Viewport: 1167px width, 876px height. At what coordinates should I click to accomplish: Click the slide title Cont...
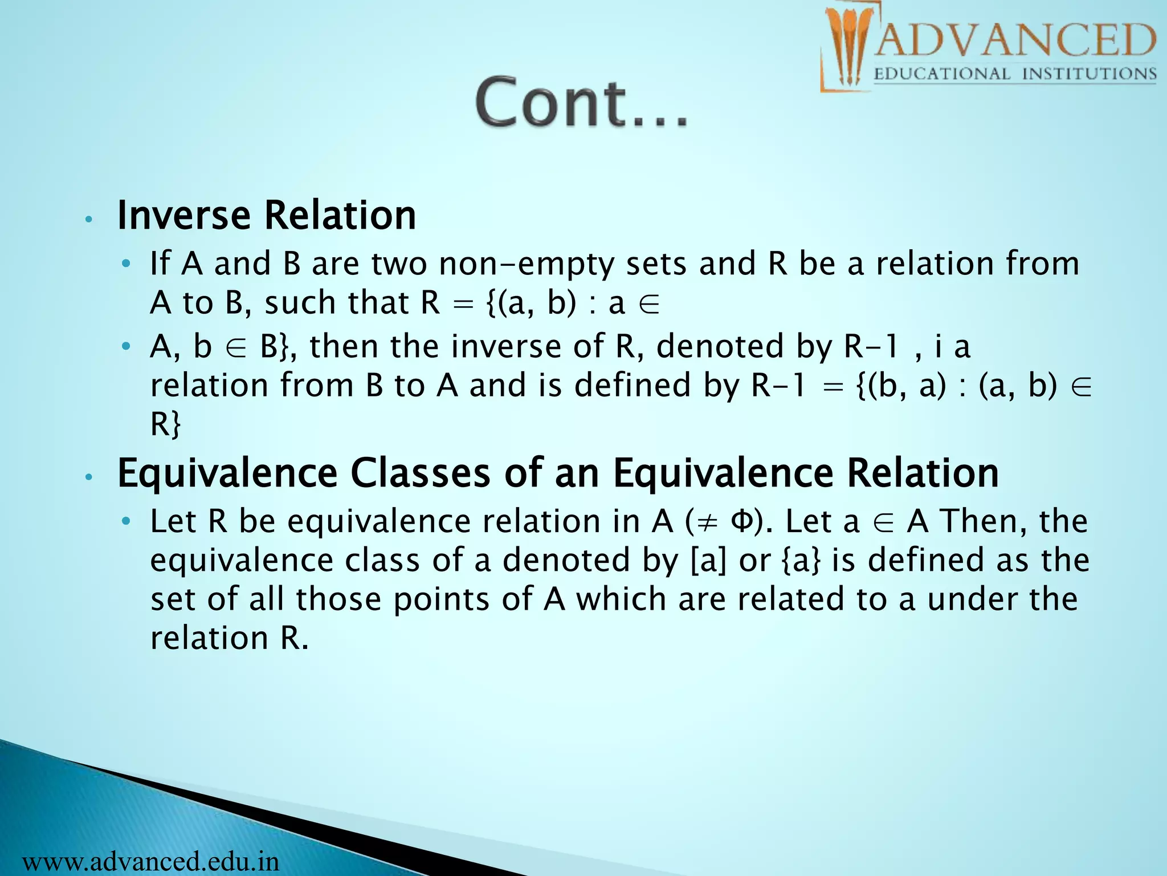[x=581, y=103]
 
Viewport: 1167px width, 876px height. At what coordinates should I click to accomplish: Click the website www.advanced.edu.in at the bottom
[x=151, y=861]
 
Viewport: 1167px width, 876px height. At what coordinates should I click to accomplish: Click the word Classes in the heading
[x=420, y=473]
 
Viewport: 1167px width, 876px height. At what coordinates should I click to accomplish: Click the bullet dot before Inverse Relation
[x=88, y=220]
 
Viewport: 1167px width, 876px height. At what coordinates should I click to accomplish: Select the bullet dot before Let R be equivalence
[x=127, y=522]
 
